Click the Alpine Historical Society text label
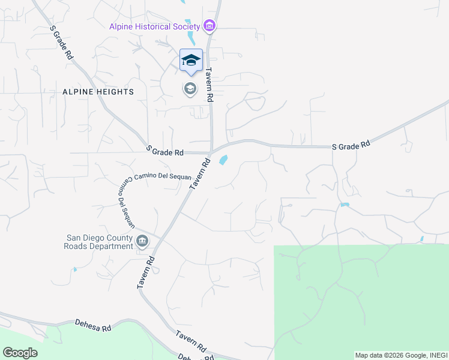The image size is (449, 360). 154,26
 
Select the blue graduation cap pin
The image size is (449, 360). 191,61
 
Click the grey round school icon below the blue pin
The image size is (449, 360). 190,89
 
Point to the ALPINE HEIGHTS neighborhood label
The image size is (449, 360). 97,91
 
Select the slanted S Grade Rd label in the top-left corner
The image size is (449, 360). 62,42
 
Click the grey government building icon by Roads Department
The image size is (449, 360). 142,241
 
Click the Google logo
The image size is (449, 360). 20,353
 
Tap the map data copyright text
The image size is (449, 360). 401,355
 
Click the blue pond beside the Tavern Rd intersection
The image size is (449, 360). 223,160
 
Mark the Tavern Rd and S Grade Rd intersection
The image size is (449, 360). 212,152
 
